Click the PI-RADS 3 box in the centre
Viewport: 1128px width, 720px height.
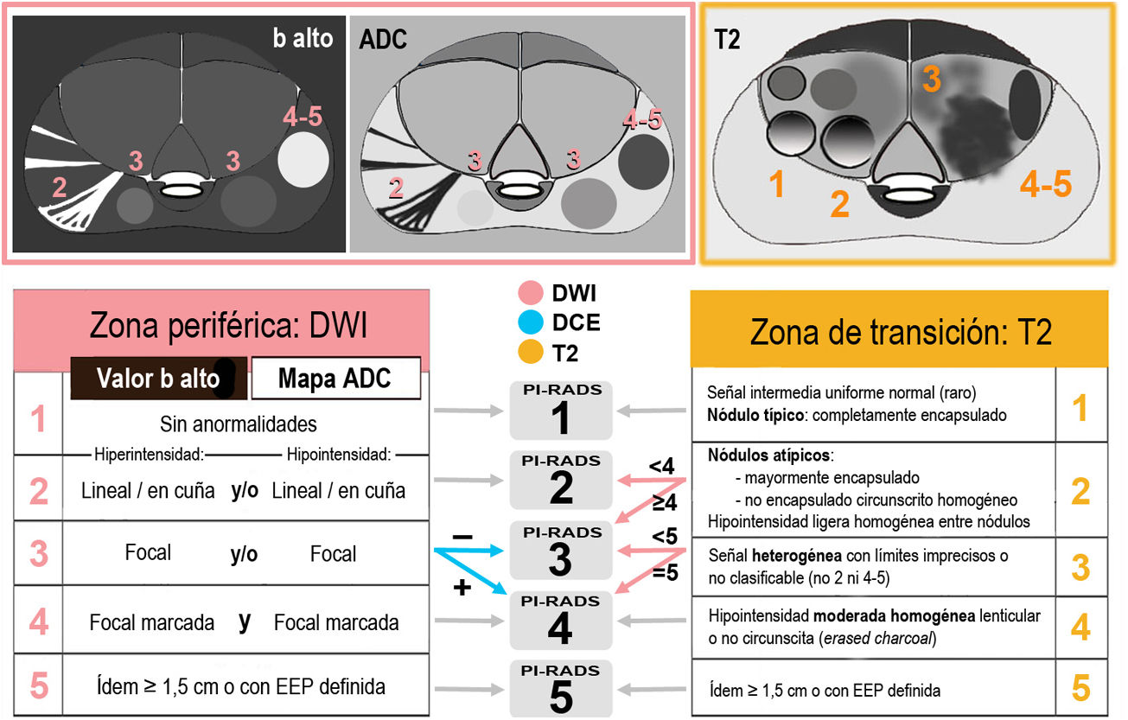click(x=560, y=551)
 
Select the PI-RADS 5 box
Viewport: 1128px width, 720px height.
click(x=560, y=689)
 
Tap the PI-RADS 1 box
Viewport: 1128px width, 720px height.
click(x=560, y=411)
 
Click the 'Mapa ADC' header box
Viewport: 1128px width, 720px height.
click(x=335, y=379)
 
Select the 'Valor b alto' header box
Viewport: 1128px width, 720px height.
click(x=159, y=379)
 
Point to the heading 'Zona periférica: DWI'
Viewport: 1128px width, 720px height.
click(x=228, y=328)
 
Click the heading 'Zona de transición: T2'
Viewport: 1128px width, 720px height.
click(x=899, y=331)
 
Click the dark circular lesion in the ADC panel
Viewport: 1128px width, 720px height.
click(x=643, y=160)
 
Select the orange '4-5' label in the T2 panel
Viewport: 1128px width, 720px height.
click(x=1045, y=184)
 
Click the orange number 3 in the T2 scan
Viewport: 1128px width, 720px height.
click(x=930, y=80)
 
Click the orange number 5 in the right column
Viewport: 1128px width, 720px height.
click(x=1080, y=688)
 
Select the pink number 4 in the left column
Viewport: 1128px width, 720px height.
click(x=39, y=621)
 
